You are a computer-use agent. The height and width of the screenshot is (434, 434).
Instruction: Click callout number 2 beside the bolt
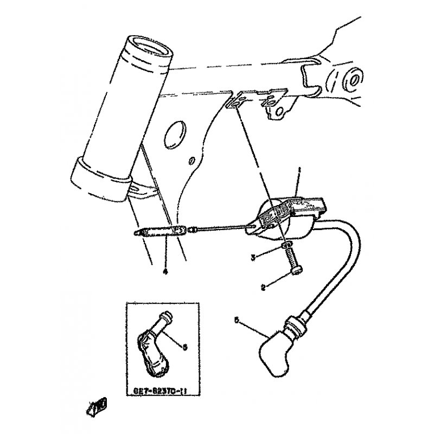click(x=263, y=288)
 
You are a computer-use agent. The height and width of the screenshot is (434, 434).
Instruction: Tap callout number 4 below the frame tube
click(x=164, y=272)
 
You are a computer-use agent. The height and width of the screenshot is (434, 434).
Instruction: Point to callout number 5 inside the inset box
click(x=184, y=347)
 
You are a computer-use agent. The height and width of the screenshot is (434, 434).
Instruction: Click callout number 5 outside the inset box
click(x=237, y=321)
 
